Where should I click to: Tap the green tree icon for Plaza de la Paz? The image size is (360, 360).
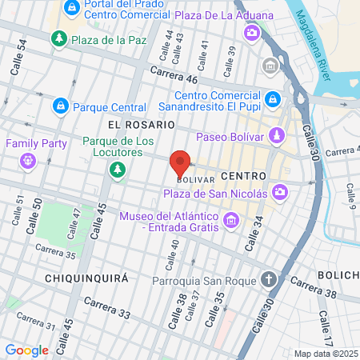tap(58, 38)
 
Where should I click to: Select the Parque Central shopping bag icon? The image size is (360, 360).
tap(60, 105)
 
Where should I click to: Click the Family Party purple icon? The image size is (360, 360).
tap(28, 159)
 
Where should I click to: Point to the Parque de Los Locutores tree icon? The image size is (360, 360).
tap(118, 169)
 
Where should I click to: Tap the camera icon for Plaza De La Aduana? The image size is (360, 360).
tap(251, 32)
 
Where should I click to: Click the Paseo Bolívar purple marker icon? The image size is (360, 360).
tap(276, 134)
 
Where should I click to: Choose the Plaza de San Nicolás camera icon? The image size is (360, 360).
tap(280, 191)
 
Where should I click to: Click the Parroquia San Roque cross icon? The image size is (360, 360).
tap(270, 280)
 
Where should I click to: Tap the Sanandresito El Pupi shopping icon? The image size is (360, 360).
tap(274, 99)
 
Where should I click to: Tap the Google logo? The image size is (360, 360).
tap(26, 350)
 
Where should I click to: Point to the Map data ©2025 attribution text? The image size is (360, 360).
tap(326, 354)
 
